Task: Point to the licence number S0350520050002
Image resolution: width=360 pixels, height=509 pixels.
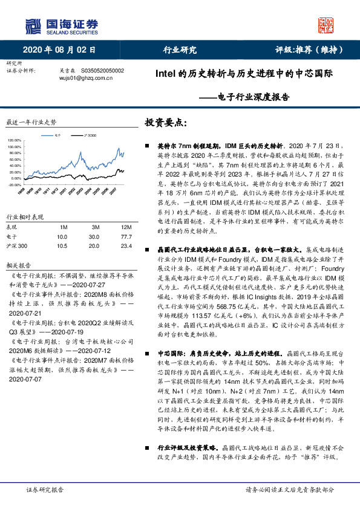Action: (x=102, y=70)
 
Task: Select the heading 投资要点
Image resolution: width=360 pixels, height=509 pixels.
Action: (x=163, y=123)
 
